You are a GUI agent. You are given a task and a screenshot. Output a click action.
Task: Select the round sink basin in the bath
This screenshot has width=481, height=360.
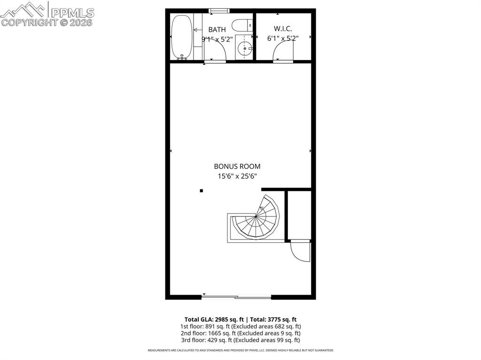click(244, 48)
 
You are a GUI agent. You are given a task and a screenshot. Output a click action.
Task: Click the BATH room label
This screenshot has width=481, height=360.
click(217, 30)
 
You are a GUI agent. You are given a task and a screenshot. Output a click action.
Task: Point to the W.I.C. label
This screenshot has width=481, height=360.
click(283, 29)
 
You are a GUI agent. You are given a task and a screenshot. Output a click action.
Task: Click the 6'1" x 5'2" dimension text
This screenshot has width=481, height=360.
click(283, 39)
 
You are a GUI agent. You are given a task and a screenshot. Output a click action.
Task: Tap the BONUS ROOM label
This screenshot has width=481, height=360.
click(237, 166)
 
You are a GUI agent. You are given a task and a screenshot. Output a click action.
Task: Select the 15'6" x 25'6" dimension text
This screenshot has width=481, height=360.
click(237, 176)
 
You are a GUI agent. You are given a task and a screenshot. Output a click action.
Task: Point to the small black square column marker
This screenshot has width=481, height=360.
click(202, 191)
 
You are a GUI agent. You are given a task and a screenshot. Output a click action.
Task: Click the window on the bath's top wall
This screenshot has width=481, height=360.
click(219, 10)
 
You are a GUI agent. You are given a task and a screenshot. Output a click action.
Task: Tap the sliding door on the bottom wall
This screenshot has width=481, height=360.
click(236, 297)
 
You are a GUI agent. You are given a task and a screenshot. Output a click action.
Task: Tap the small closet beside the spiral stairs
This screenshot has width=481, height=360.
click(299, 214)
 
